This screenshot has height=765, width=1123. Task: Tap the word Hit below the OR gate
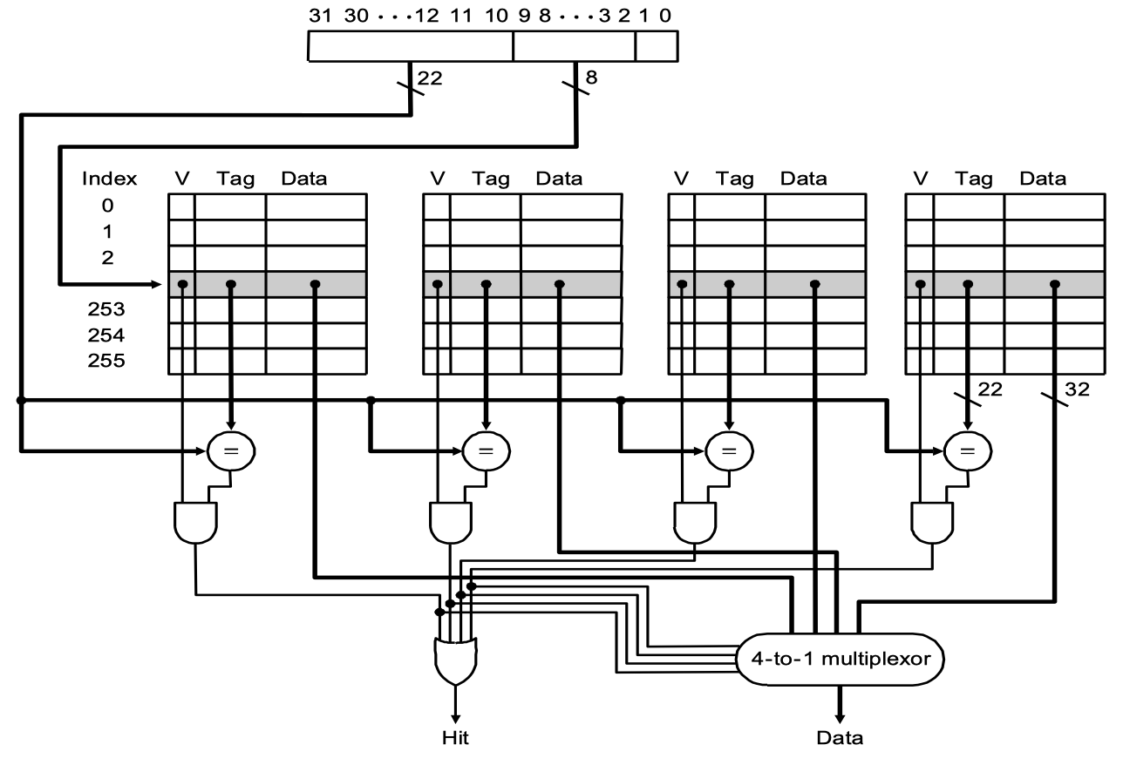(x=454, y=739)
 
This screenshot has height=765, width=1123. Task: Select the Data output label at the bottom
(x=840, y=739)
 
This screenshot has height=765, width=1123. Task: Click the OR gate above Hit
(x=455, y=662)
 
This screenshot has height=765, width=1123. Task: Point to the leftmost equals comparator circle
(x=232, y=450)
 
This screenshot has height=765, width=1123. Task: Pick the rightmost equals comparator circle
(x=969, y=450)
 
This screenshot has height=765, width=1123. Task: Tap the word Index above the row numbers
(x=109, y=179)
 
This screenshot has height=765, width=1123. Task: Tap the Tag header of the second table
(x=490, y=179)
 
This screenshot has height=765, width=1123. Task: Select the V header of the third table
(x=682, y=179)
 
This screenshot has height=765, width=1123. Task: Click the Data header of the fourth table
(x=1043, y=179)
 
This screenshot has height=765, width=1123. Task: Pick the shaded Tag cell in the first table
(x=230, y=284)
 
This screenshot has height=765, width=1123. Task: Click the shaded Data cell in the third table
(x=815, y=284)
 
